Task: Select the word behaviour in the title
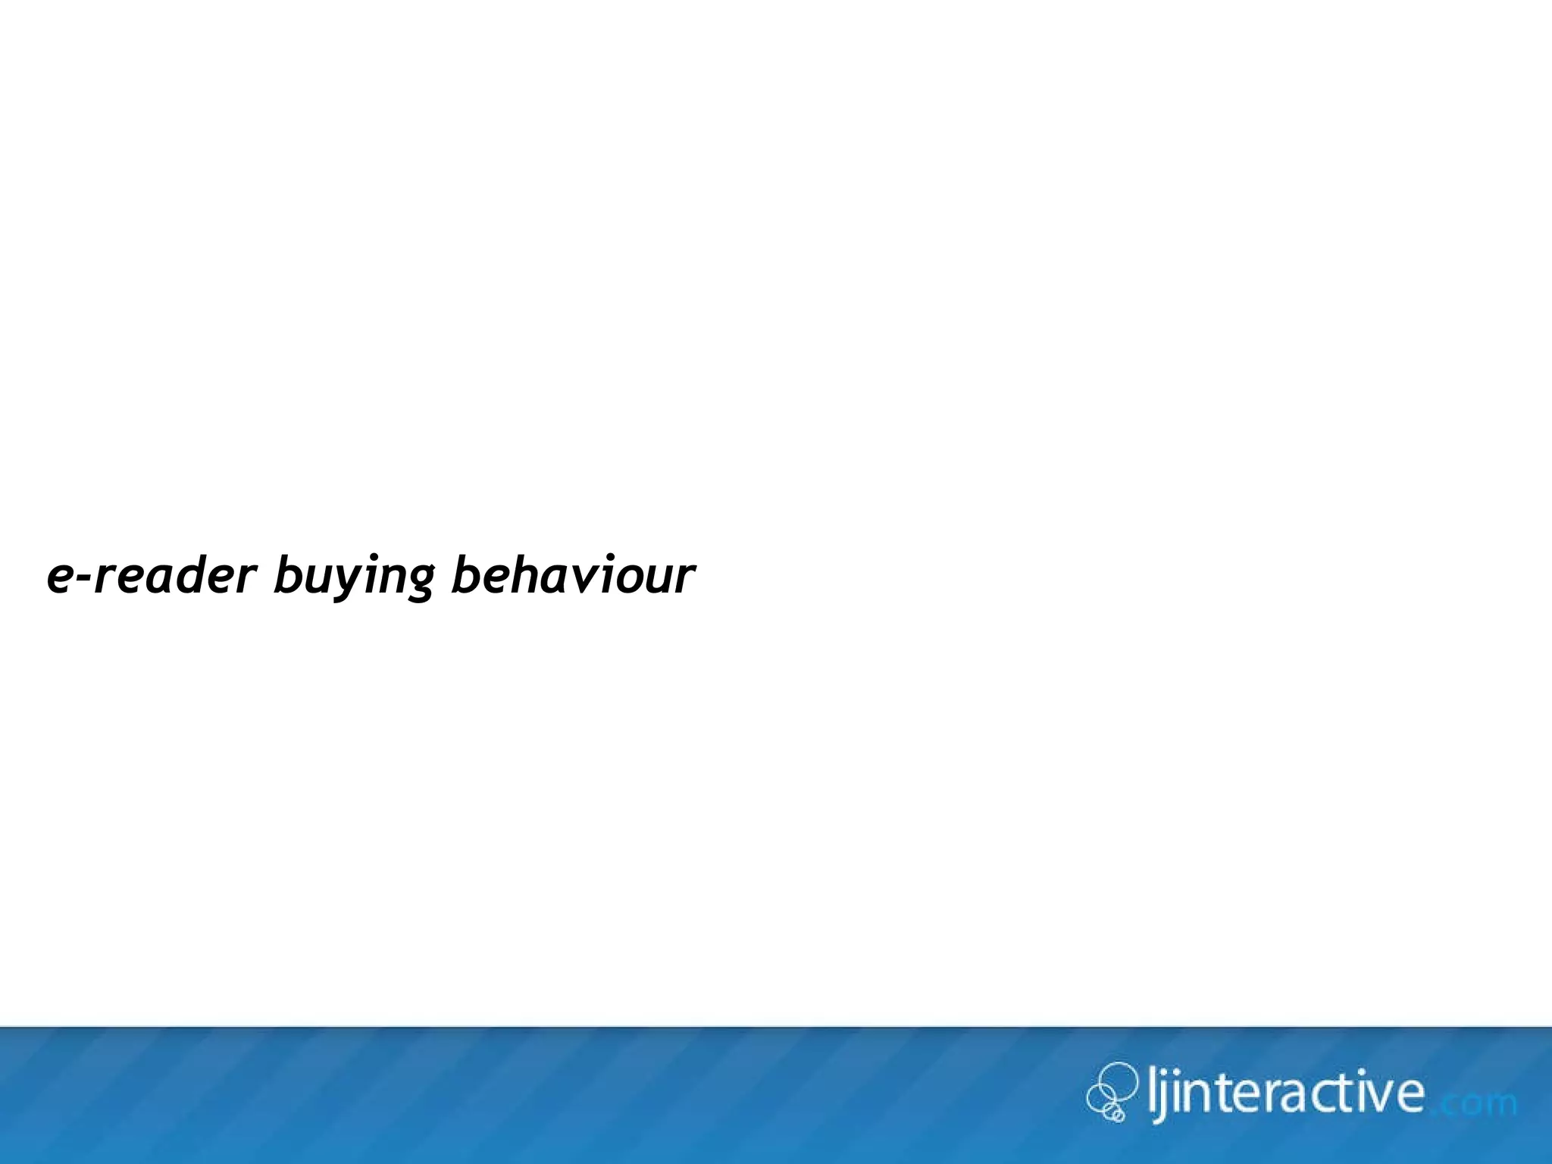pyautogui.click(x=572, y=576)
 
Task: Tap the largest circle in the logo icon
pyautogui.click(x=1117, y=1081)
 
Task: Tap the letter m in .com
pyautogui.click(x=1500, y=1104)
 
